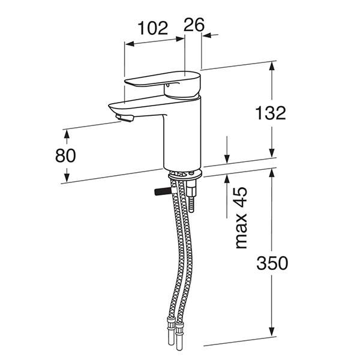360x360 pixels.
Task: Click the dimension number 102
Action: point(153,28)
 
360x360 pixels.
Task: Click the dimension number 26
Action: point(194,25)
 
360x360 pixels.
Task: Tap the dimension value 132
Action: point(271,113)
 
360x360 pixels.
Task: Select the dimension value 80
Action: point(65,155)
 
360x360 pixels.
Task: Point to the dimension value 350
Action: point(272,263)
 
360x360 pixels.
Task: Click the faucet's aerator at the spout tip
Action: point(125,118)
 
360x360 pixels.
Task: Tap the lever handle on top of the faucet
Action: point(163,83)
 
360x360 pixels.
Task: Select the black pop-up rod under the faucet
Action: point(163,191)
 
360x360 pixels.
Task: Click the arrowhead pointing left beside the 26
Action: point(208,35)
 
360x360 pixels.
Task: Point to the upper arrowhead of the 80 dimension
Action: point(67,134)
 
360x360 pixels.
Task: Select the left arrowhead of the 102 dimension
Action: point(130,44)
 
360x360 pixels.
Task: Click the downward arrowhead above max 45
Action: point(227,158)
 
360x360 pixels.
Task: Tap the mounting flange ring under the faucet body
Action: point(185,176)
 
